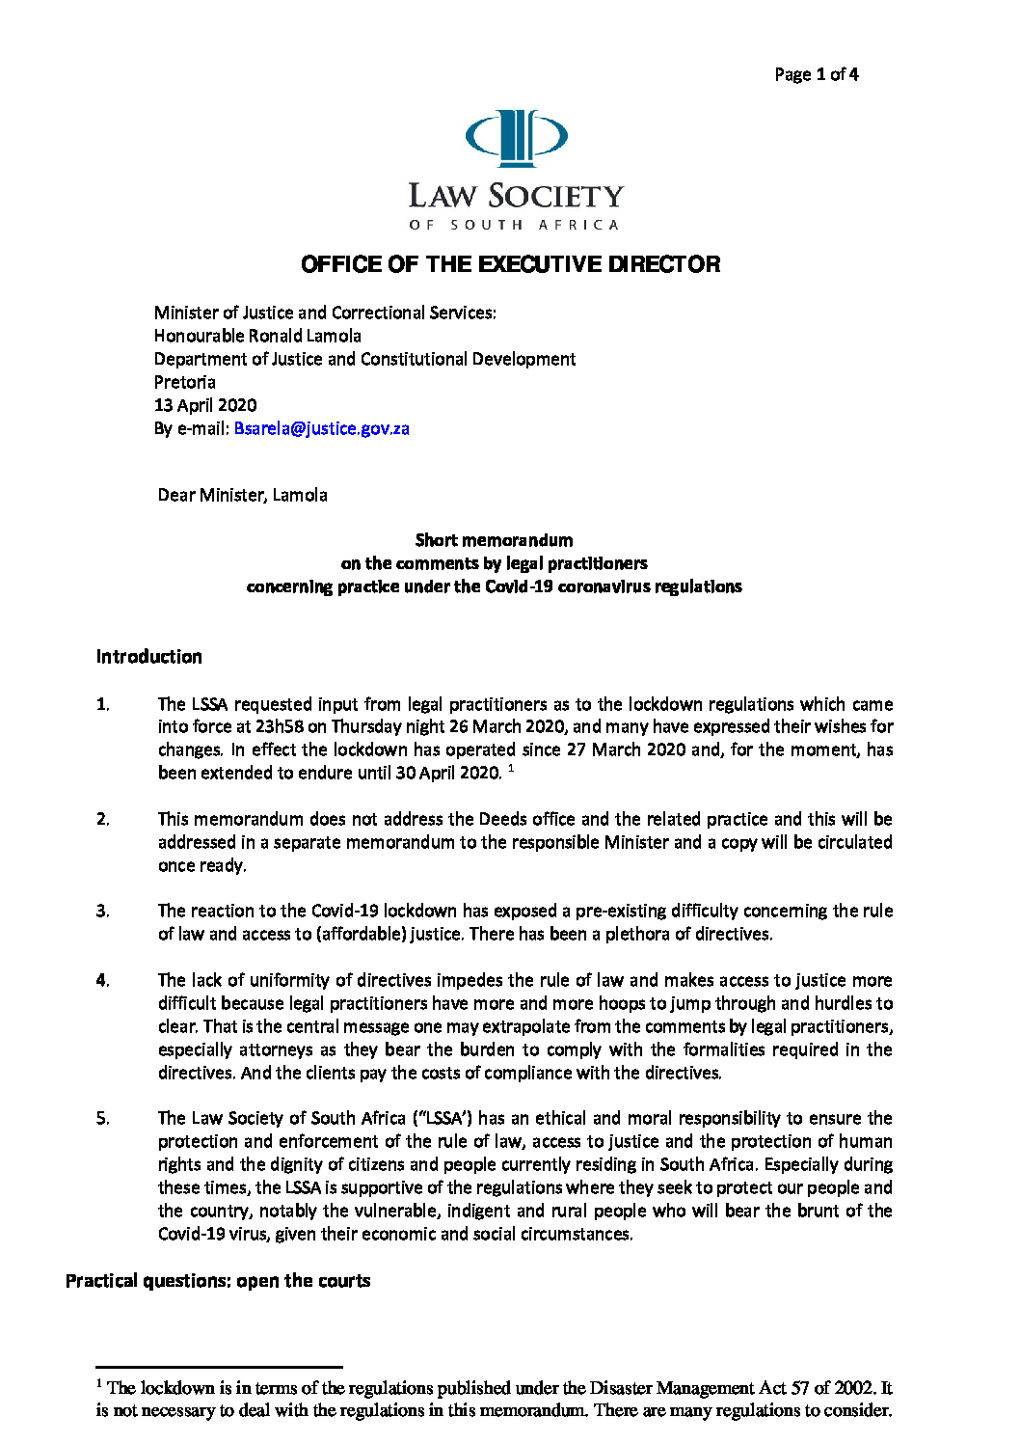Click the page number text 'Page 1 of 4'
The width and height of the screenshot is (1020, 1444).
[816, 74]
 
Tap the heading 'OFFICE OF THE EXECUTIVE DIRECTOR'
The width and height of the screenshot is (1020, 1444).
[510, 264]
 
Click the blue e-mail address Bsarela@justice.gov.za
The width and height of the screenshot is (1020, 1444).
[321, 428]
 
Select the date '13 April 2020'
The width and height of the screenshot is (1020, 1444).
[205, 405]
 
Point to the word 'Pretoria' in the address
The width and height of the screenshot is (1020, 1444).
[185, 382]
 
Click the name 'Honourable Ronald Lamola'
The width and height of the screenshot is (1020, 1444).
[257, 336]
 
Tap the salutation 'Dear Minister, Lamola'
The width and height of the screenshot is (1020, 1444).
[242, 495]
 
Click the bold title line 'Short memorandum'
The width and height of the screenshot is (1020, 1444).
[494, 540]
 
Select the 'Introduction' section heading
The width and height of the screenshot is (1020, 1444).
[149, 657]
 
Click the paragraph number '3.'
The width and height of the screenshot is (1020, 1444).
[103, 911]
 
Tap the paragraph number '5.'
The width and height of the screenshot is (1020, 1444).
[103, 1118]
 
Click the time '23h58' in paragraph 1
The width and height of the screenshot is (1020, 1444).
[279, 726]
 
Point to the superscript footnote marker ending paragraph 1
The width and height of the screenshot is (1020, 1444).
[511, 768]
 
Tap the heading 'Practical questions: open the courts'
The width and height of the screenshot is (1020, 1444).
[218, 1281]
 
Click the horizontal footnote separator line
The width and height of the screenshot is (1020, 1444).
[219, 1367]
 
